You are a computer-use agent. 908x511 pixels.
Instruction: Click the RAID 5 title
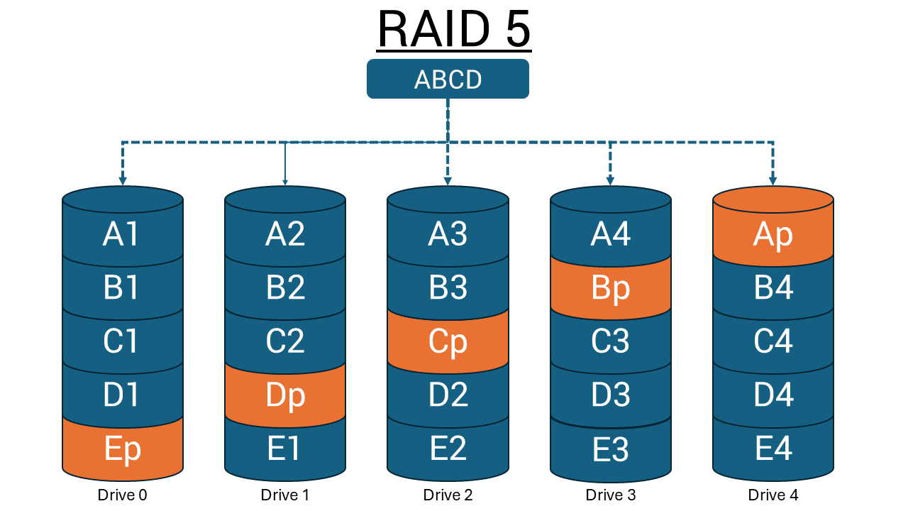click(x=454, y=30)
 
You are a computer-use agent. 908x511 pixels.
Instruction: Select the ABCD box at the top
click(x=448, y=79)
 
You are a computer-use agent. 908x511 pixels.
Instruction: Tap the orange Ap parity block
click(x=773, y=234)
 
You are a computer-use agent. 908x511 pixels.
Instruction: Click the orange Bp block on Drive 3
click(x=610, y=288)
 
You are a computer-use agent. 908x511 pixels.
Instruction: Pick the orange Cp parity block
click(x=448, y=341)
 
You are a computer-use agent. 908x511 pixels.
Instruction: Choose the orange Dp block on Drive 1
click(x=285, y=395)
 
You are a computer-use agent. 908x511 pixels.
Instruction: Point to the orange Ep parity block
click(x=123, y=449)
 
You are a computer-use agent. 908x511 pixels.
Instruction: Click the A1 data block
click(x=123, y=234)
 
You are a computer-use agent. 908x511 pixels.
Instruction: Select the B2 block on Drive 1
click(x=285, y=288)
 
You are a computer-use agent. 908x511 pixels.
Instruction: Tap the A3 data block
click(x=448, y=234)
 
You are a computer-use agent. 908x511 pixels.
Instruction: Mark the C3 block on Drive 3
click(x=610, y=341)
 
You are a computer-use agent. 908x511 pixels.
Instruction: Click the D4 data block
click(x=773, y=395)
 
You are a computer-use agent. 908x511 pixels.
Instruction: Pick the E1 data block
click(x=285, y=449)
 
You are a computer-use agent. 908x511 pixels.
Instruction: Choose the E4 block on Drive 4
click(x=773, y=449)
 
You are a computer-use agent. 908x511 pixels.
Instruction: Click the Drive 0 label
click(x=123, y=495)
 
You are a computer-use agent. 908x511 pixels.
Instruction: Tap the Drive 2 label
click(x=448, y=495)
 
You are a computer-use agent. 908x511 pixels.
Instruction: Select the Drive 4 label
click(x=773, y=495)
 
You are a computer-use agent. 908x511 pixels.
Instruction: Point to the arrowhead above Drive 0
click(x=123, y=180)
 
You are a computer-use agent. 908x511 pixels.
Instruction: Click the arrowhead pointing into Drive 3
click(x=610, y=180)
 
